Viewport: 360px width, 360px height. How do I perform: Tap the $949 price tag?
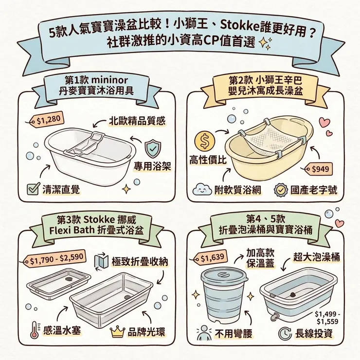click(319, 169)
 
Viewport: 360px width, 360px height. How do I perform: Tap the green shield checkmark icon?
click(153, 147)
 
